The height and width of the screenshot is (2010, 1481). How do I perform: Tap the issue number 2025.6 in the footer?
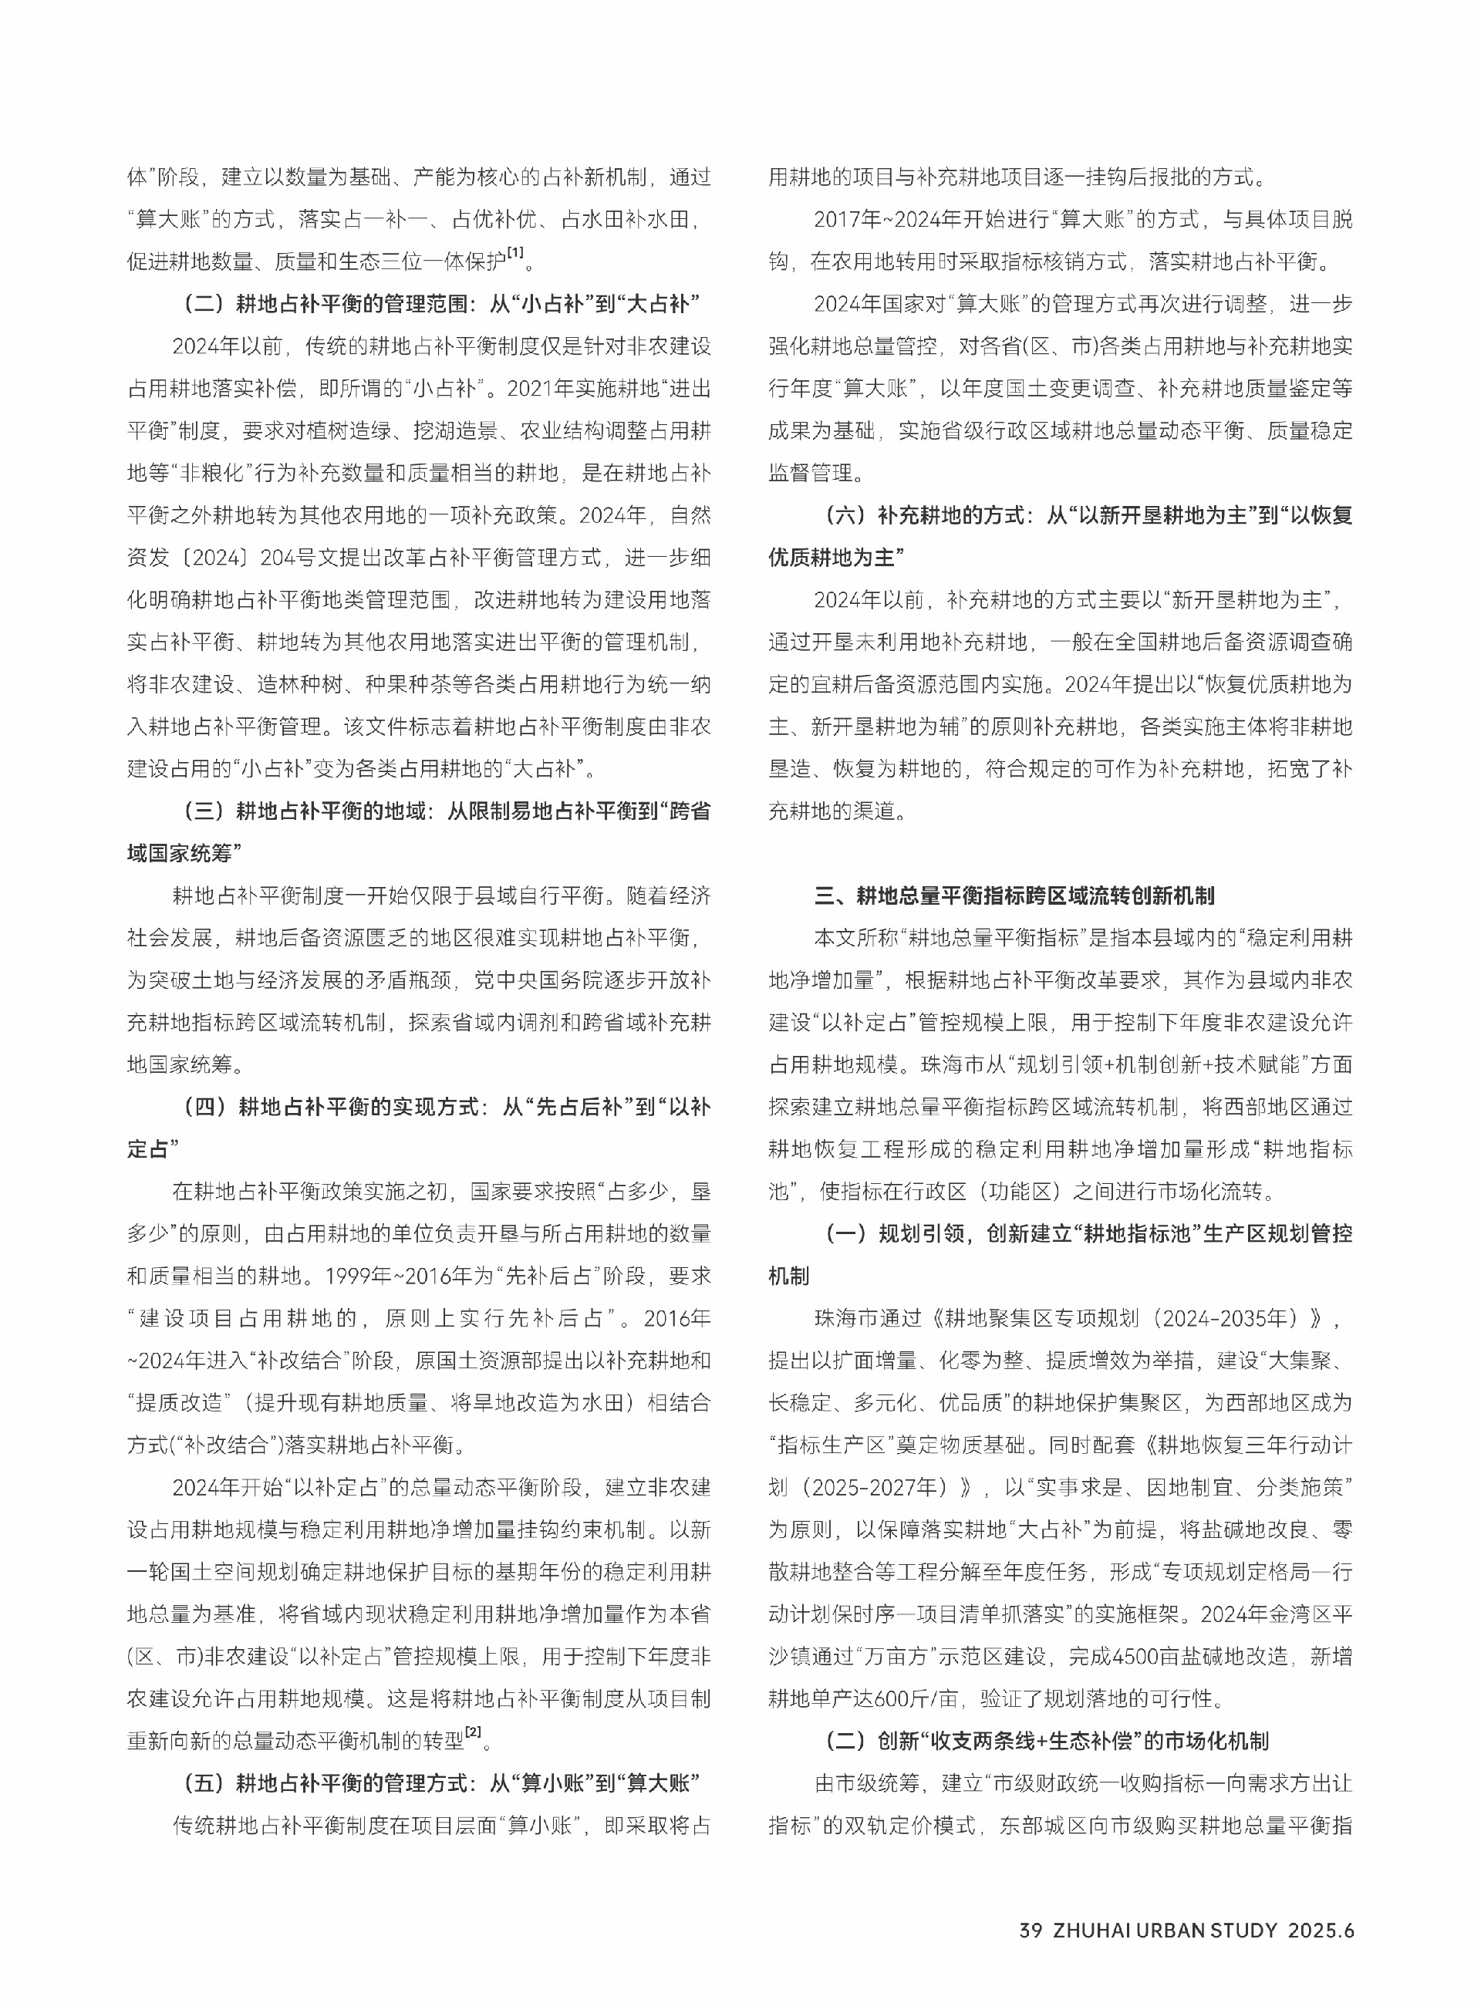point(1321,1931)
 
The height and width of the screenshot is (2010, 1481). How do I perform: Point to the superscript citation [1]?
point(515,254)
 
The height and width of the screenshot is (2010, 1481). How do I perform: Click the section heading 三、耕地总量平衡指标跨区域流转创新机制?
point(1014,895)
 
